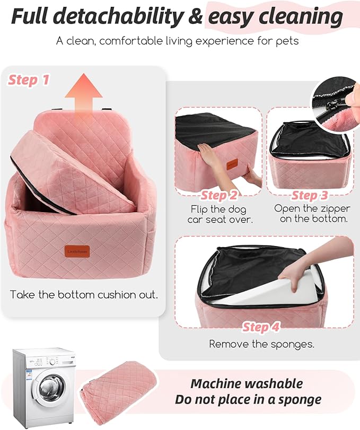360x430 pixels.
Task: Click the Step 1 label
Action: pyautogui.click(x=29, y=81)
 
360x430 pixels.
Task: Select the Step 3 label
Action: pyautogui.click(x=310, y=196)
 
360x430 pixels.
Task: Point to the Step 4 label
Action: pyautogui.click(x=261, y=327)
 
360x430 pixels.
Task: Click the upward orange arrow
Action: pyautogui.click(x=83, y=94)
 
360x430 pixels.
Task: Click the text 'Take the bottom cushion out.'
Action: pyautogui.click(x=84, y=295)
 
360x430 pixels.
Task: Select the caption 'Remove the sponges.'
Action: pyautogui.click(x=261, y=344)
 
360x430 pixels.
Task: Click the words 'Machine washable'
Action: pyautogui.click(x=247, y=383)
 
